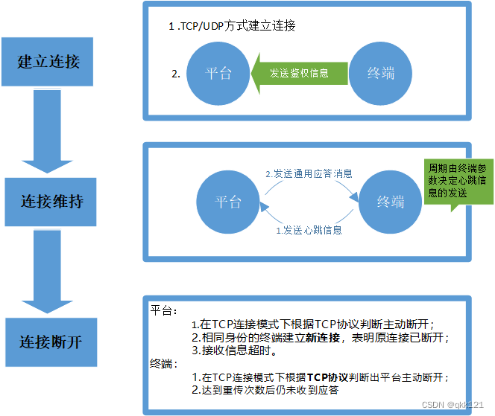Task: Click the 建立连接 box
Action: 48,61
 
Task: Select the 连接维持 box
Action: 50,201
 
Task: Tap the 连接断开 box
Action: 50,342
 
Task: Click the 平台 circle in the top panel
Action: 218,73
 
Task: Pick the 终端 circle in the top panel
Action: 381,73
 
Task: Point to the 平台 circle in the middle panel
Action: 228,202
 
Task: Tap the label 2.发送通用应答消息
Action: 309,173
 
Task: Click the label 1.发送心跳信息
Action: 309,231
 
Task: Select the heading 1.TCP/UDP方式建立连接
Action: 233,26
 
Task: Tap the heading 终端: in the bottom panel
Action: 165,364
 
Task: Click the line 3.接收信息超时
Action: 234,351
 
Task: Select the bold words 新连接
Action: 322,337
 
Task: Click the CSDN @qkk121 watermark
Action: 453,405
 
